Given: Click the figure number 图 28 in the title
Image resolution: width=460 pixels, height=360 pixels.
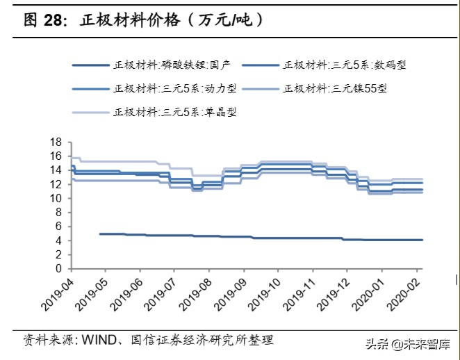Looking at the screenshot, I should pos(41,21).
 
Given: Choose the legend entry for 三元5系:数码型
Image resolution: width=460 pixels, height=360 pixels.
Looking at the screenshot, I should pos(344,65).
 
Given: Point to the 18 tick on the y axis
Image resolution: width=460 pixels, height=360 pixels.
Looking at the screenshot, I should pos(57,142).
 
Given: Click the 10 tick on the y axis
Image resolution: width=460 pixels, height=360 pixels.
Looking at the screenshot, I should pos(57,198).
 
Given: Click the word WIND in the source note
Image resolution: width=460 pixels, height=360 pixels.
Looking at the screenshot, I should pos(100,341).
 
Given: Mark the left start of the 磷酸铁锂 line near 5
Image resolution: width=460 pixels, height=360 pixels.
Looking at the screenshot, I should pos(100,234).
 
